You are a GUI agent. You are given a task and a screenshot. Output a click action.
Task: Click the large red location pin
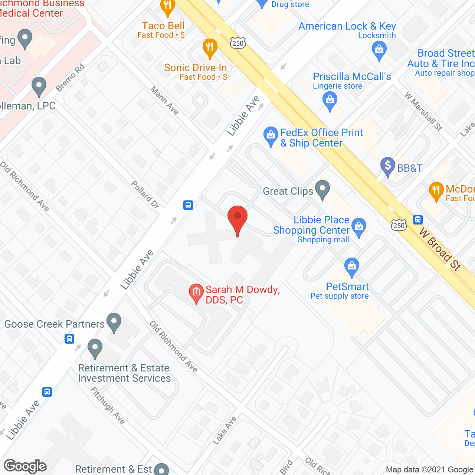point(237,219)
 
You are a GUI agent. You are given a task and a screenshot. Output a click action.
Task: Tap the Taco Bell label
point(163,26)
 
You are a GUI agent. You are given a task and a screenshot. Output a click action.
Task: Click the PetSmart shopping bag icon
point(351,267)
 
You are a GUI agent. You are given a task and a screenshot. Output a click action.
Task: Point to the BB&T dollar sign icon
point(388,167)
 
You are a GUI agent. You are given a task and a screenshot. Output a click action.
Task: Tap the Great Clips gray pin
point(322,189)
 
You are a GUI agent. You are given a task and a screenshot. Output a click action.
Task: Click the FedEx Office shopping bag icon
point(271,136)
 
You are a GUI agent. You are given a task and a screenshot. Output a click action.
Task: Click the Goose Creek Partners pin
point(114,322)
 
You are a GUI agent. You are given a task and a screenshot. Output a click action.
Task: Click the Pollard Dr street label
point(145,194)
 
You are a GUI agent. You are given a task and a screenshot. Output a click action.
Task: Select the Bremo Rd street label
point(70,78)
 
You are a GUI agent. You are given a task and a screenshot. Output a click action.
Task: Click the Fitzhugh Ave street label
point(108,405)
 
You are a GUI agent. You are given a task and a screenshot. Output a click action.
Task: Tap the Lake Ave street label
point(225,430)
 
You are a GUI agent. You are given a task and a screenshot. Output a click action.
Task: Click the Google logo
point(25,466)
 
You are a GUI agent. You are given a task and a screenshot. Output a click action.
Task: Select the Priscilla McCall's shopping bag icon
point(330,101)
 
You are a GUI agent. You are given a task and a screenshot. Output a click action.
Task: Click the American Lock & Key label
point(347,26)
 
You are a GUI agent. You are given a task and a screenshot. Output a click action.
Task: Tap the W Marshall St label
point(423,111)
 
